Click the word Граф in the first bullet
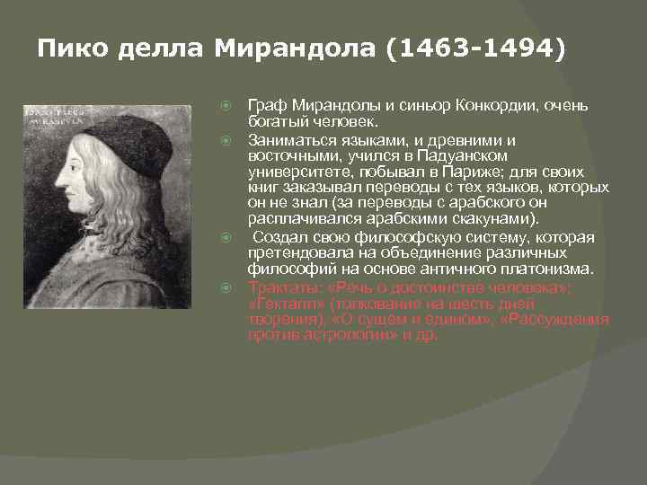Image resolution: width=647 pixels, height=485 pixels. tap(266, 106)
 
